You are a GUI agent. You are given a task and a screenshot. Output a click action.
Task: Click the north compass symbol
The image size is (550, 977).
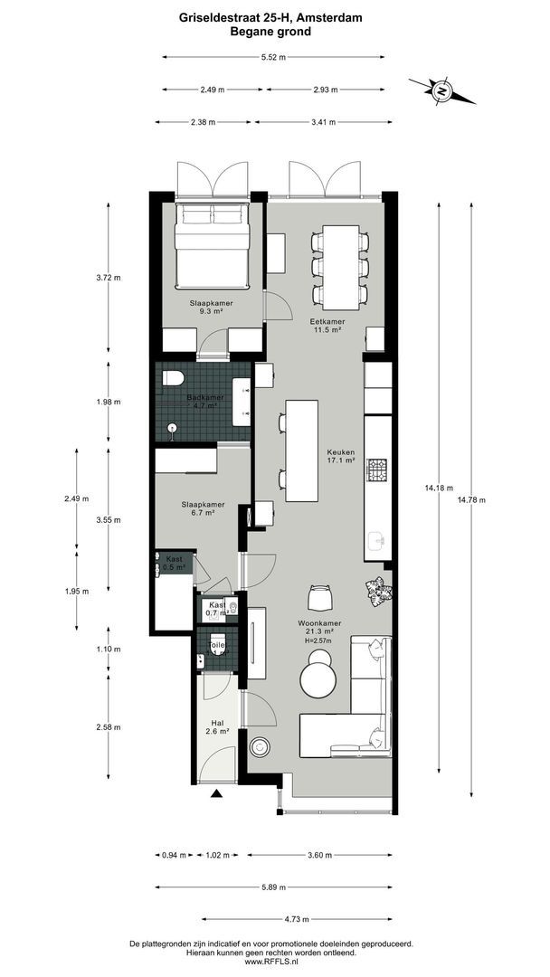441,90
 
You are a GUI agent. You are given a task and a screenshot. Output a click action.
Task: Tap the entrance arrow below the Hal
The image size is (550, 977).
216,794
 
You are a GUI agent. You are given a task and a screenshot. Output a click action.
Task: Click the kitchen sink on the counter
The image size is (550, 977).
377,543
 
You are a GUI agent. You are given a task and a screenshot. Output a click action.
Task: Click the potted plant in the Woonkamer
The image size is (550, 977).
377,593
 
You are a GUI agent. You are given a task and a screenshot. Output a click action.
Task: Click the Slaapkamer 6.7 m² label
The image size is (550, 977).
204,507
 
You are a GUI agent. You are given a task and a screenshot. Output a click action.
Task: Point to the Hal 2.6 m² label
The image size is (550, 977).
216,726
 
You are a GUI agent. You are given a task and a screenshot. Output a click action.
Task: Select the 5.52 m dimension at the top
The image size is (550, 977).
272,57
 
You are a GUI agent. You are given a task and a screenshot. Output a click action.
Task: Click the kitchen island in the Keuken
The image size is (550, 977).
301,451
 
